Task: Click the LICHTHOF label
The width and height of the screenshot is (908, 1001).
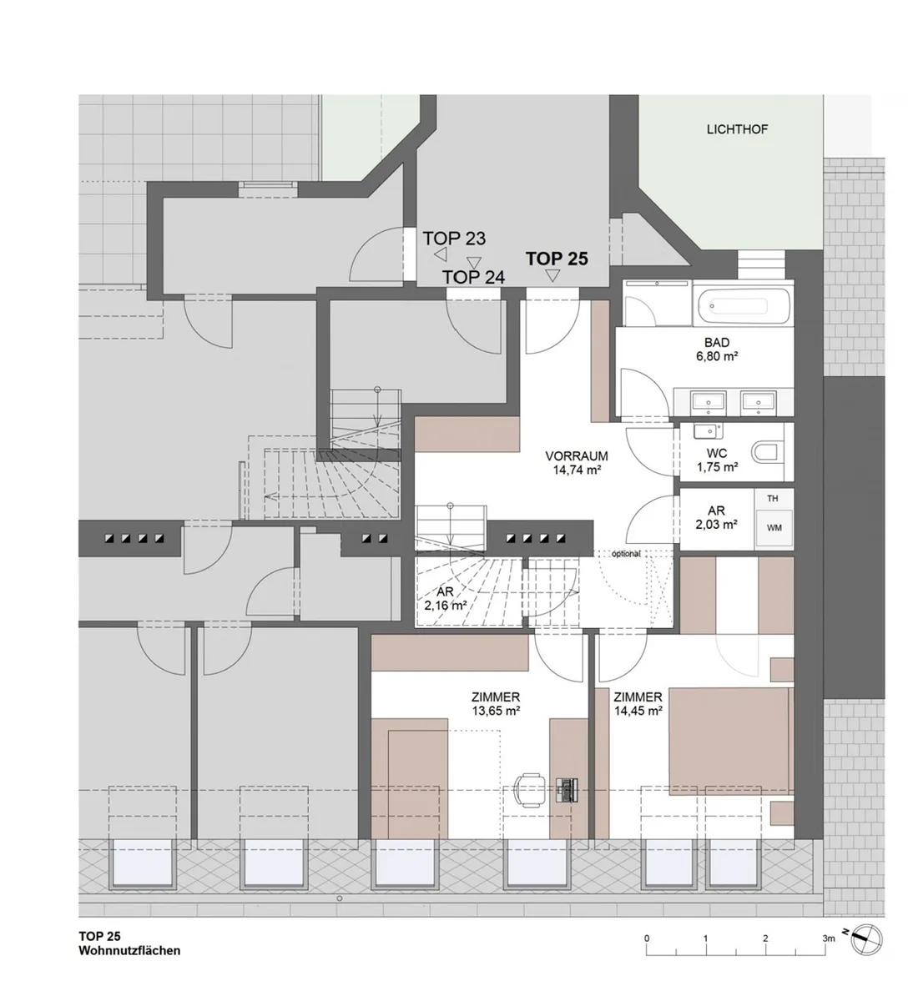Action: tap(737, 130)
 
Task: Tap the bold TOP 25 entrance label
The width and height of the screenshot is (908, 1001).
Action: tap(557, 259)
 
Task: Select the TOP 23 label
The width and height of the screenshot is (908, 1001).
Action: tap(454, 239)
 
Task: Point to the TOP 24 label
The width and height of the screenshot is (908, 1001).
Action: tap(473, 278)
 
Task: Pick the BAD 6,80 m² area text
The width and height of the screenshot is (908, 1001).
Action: tap(717, 350)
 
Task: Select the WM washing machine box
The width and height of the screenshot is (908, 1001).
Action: tap(774, 528)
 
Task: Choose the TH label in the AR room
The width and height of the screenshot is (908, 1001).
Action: tap(773, 499)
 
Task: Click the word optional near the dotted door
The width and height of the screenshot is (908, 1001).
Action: tap(626, 554)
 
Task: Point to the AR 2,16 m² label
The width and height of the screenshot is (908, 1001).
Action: tap(445, 599)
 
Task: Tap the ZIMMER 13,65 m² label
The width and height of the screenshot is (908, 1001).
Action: tap(496, 703)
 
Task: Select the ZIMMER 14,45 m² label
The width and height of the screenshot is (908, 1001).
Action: tap(638, 703)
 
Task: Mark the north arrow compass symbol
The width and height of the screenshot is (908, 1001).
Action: tap(867, 939)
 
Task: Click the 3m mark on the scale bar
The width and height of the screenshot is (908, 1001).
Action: tap(829, 938)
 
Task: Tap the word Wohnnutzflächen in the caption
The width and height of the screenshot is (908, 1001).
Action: tap(129, 951)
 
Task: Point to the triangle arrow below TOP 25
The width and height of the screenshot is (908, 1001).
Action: tap(552, 276)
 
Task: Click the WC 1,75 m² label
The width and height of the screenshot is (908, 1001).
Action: tap(717, 460)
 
